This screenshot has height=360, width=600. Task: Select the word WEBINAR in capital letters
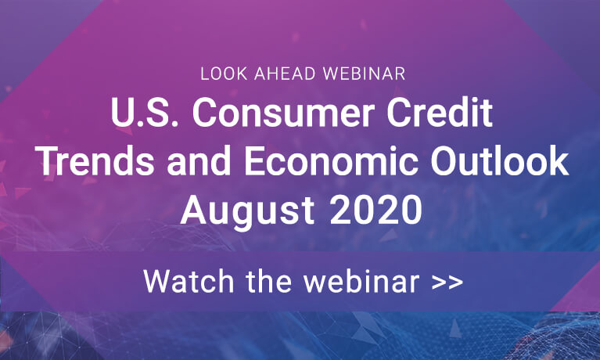coord(364,74)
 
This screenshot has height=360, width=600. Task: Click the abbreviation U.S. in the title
coord(145,113)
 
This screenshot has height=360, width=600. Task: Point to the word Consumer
coord(283,113)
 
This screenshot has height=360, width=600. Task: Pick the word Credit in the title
coord(440,113)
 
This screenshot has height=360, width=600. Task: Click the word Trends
coord(96,161)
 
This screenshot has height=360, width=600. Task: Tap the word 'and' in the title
coord(199,161)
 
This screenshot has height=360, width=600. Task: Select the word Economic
coord(331,161)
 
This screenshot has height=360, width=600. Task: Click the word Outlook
coord(499,161)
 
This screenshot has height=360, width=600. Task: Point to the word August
coord(247,211)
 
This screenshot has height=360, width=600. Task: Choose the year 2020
coord(375,210)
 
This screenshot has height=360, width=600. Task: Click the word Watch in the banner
coord(189,282)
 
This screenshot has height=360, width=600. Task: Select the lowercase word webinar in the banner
coord(361,282)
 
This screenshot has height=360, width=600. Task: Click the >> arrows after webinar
coord(447,283)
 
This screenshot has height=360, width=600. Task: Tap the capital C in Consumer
coord(204,113)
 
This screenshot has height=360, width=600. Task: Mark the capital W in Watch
coord(159,282)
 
